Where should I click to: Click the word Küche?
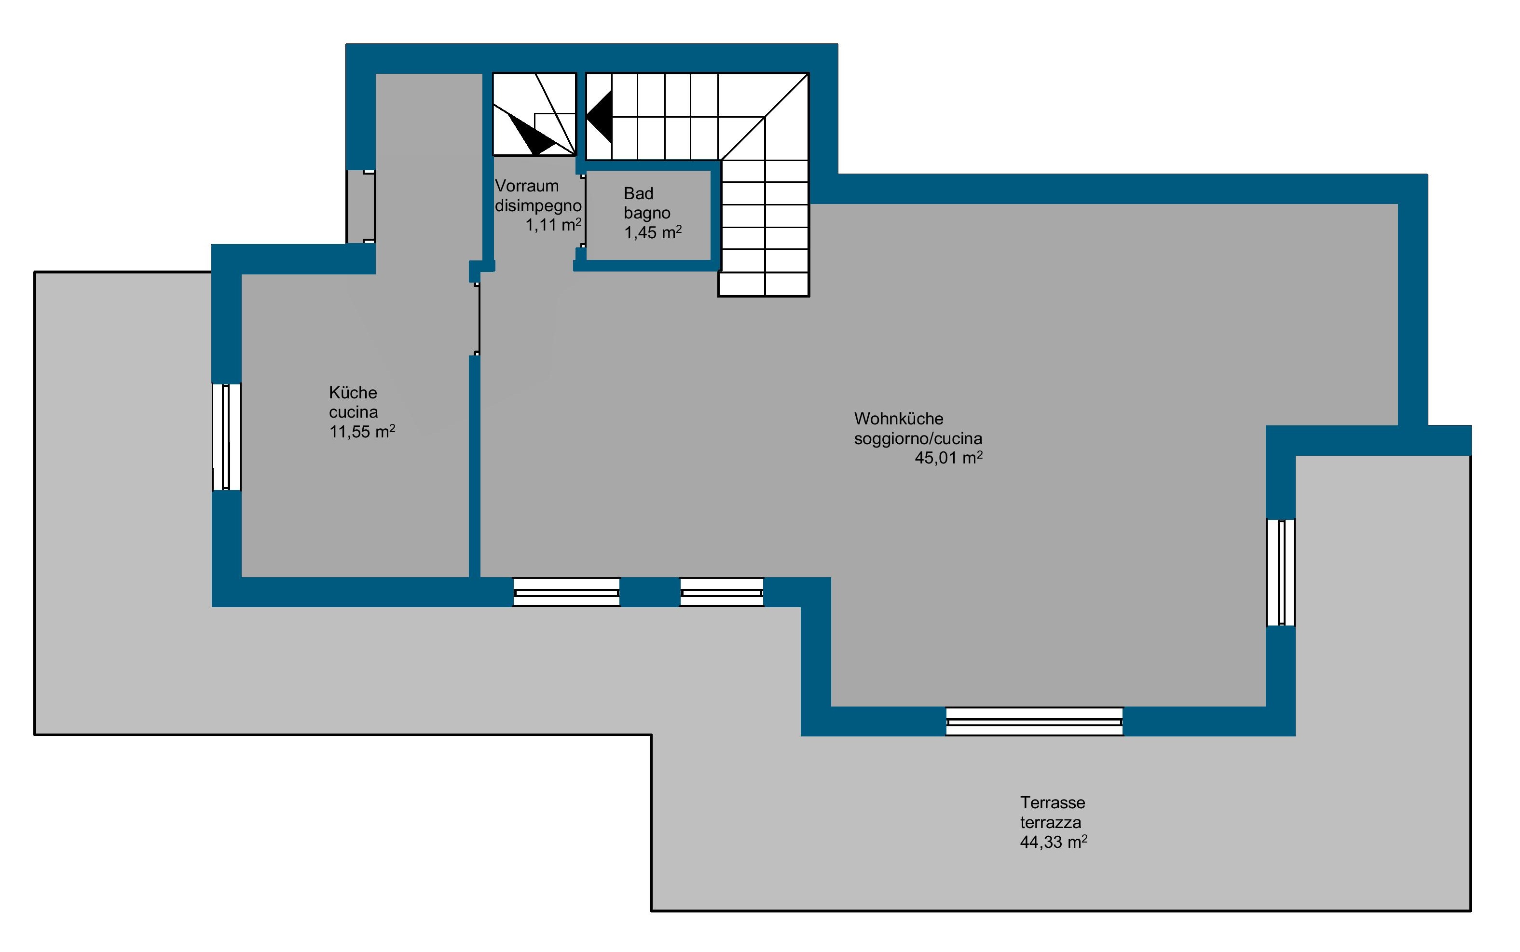[353, 393]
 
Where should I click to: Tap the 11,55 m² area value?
[362, 431]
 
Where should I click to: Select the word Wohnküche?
[899, 419]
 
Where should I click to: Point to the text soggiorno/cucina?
[918, 438]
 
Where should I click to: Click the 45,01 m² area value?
[948, 458]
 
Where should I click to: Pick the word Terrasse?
[1053, 803]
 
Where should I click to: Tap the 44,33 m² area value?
[1054, 842]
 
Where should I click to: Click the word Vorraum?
[527, 186]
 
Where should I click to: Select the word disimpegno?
[538, 206]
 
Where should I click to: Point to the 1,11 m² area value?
[553, 225]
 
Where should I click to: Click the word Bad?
[639, 193]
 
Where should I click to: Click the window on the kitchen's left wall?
[227, 437]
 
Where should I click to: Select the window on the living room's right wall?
[1281, 572]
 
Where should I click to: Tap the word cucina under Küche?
[353, 412]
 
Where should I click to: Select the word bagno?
[647, 214]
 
